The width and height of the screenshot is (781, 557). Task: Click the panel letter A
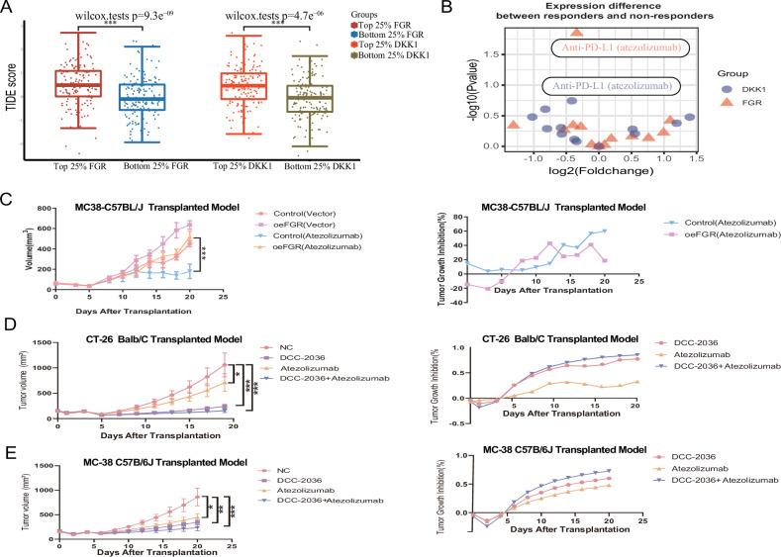pyautogui.click(x=8, y=9)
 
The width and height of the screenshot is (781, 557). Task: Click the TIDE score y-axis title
pyautogui.click(x=13, y=89)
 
